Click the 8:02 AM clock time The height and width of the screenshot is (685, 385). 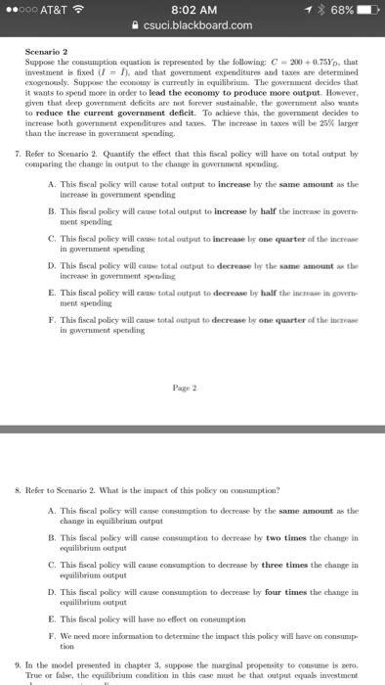192,9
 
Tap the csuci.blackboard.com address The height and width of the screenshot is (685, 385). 199,25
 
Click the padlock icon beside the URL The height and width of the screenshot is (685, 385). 146,25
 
